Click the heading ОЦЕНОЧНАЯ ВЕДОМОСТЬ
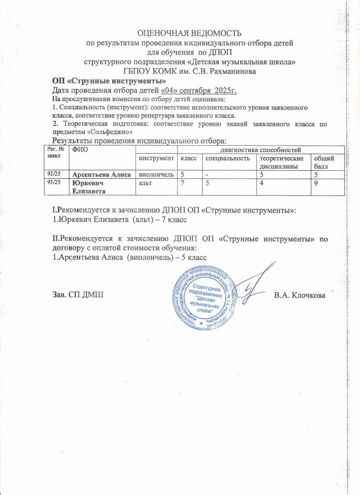189,33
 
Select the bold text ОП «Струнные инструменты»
109,81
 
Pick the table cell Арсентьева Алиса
102,175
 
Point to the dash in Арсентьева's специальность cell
206,175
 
